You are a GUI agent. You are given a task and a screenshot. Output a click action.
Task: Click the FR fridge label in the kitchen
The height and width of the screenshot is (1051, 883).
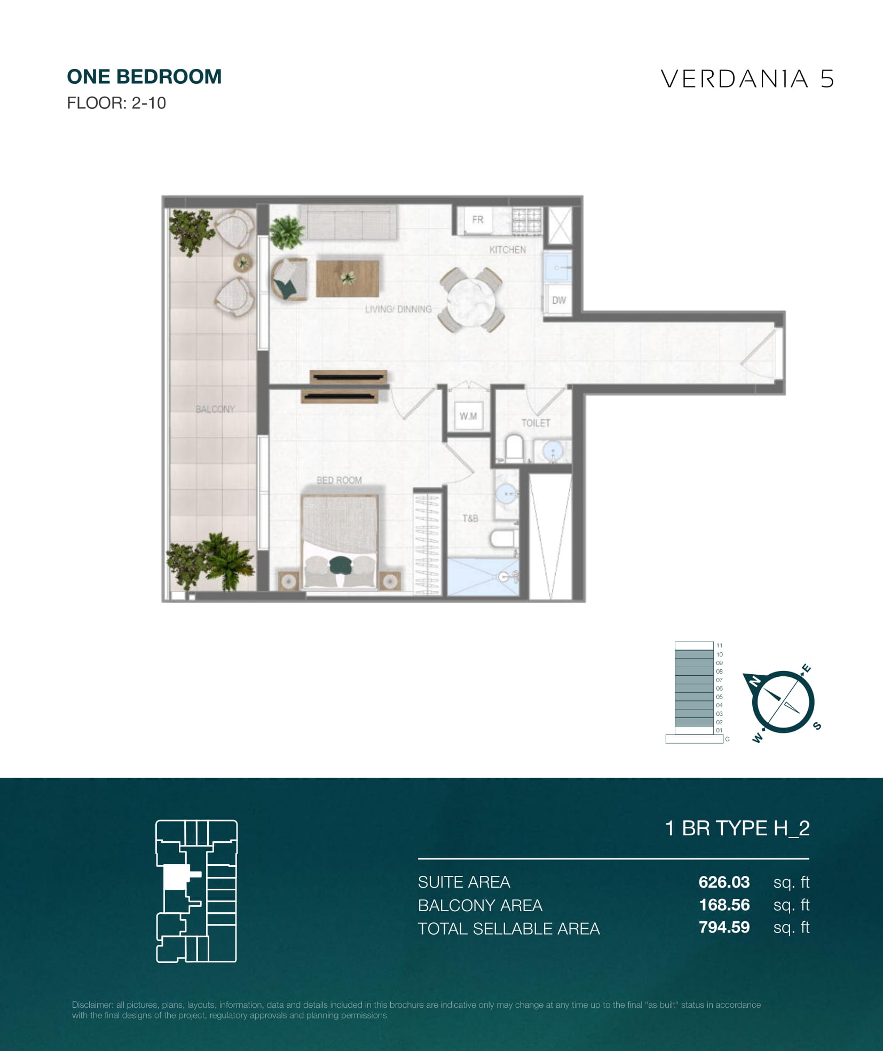click(477, 219)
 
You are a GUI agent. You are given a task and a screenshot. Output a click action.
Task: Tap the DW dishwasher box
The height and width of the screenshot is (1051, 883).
click(558, 301)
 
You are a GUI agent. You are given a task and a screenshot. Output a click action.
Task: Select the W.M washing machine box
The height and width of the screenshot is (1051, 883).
click(468, 416)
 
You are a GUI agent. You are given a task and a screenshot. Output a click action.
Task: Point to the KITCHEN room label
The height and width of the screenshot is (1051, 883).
click(508, 250)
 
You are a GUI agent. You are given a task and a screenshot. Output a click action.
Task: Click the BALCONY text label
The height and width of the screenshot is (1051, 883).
click(215, 409)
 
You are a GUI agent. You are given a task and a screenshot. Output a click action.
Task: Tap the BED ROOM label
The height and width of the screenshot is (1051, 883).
click(339, 480)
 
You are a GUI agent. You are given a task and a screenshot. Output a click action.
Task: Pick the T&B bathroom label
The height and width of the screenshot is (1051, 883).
click(470, 518)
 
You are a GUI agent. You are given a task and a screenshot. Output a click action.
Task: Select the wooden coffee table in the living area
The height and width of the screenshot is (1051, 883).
click(348, 278)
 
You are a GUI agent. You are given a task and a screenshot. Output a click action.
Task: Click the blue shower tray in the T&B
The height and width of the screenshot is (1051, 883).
click(483, 577)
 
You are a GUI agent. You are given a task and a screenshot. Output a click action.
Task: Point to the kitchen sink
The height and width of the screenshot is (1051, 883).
click(558, 267)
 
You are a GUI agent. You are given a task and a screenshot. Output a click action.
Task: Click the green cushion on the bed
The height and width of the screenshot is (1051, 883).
click(340, 565)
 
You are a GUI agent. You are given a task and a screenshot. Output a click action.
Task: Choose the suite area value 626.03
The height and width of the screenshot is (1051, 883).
click(724, 882)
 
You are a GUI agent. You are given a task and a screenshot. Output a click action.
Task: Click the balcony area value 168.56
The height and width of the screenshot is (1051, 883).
click(724, 905)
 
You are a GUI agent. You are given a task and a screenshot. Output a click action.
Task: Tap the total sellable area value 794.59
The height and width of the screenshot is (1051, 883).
click(724, 928)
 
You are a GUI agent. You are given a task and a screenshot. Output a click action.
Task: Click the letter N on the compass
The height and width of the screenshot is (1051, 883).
click(755, 681)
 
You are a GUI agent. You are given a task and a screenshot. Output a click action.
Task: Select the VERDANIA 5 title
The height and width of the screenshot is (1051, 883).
click(747, 79)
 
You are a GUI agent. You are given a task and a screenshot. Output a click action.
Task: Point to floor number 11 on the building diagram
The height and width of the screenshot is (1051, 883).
click(719, 645)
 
